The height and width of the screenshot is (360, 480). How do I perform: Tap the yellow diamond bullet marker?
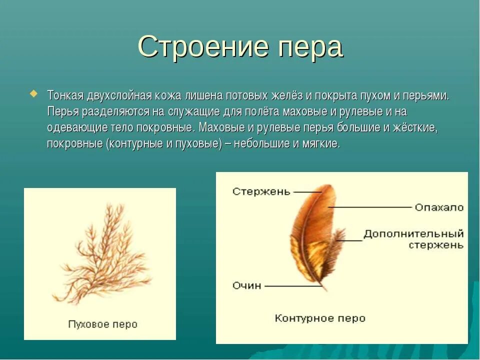pos(34,93)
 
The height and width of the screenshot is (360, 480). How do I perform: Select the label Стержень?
pos(261,192)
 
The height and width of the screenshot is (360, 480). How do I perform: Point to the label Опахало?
pos(439,207)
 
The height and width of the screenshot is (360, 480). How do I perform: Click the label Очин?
pos(247,285)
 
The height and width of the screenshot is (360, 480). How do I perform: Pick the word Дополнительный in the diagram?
pos(413,234)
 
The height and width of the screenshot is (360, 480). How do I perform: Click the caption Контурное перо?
pos(320,318)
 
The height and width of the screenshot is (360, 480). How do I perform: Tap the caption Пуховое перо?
pos(102,324)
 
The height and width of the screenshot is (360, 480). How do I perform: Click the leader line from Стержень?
pos(307,192)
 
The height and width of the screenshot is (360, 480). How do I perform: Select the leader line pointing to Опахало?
pos(370,207)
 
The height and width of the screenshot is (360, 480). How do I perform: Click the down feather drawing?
pos(102,255)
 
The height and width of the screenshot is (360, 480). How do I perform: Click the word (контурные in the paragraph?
pos(130,144)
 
